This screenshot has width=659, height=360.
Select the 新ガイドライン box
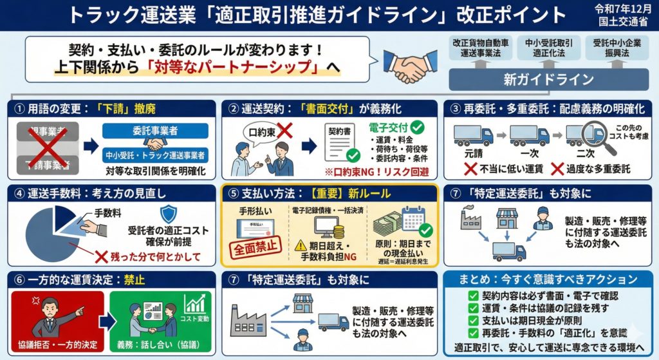pos(548,79)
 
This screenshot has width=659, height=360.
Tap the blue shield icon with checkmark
pos(168,214)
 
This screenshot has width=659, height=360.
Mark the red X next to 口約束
pos(284,132)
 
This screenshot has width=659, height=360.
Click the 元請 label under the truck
pos(471,155)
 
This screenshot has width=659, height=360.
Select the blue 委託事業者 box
pos(155,131)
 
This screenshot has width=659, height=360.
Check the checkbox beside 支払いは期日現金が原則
pos(473,319)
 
